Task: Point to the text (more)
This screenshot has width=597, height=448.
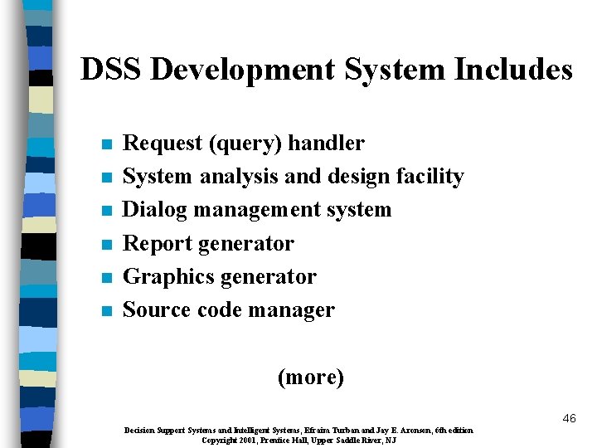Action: point(310,377)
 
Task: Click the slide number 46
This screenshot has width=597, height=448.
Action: point(568,418)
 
